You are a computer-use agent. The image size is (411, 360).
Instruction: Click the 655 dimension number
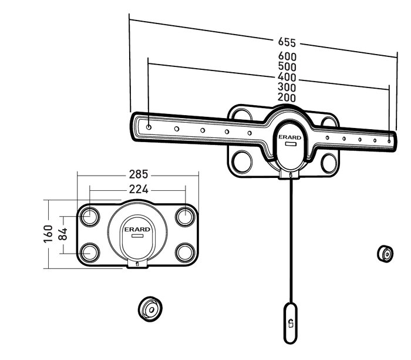coord(287,42)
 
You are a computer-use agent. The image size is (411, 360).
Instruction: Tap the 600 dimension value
coord(287,56)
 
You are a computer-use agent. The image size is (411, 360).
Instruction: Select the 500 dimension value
coord(287,66)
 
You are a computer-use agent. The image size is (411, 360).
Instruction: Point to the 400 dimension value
coord(287,77)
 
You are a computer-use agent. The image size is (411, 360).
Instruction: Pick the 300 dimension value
coord(287,87)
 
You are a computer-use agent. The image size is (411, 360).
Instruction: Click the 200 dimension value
coord(287,97)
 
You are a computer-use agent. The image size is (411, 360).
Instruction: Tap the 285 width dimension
coord(139,174)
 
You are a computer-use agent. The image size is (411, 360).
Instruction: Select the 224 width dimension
coord(139,189)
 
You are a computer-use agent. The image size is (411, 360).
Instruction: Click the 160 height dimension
coord(48,234)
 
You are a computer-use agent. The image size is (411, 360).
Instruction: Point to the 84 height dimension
coord(63,234)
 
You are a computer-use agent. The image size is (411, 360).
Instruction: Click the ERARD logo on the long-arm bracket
coord(289,137)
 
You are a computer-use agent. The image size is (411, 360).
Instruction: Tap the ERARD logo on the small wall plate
coord(137,230)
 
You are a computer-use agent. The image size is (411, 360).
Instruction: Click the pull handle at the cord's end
coord(291,323)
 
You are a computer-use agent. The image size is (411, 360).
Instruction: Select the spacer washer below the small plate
coord(150,309)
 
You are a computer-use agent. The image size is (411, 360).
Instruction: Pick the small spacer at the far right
coord(385,254)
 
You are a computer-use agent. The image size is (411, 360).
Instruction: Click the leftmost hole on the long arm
coord(149,127)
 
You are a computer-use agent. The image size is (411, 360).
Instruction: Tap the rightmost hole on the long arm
coord(389,141)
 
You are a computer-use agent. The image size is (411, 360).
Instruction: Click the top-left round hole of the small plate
coord(90,217)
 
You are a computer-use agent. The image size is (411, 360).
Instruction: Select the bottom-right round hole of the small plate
coord(186,253)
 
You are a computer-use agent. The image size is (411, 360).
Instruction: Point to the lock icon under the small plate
coord(137,264)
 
